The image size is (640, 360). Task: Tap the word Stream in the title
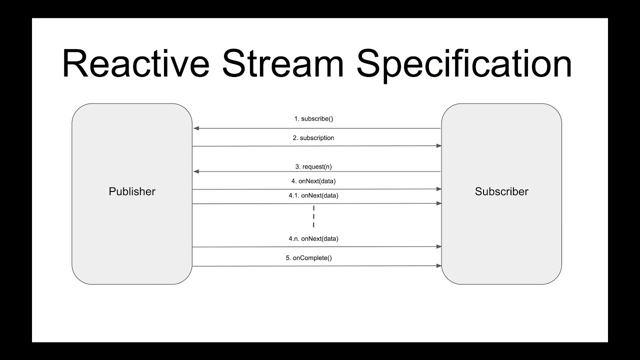tap(283, 64)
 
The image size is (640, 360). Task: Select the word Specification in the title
tap(464, 64)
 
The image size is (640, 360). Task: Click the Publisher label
tap(132, 191)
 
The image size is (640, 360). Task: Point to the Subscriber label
tap(501, 191)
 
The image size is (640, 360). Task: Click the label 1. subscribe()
tap(313, 119)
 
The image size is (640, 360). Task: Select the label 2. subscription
tap(313, 138)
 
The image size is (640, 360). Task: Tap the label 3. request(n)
tap(313, 166)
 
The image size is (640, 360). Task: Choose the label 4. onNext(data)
tap(313, 181)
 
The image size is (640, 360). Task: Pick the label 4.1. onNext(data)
tap(313, 195)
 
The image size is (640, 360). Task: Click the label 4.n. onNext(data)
tap(313, 239)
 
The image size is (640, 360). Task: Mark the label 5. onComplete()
tap(309, 258)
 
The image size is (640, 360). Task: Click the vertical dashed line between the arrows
tap(313, 216)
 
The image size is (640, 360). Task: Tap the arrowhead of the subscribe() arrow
tap(196, 128)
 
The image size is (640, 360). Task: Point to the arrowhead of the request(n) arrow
tap(196, 171)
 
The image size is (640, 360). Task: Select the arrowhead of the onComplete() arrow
tap(438, 266)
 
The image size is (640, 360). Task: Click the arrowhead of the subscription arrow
tap(438, 146)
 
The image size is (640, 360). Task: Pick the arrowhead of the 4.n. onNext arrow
tap(438, 246)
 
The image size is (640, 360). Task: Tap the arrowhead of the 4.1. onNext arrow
tap(438, 203)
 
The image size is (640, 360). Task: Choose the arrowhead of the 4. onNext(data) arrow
tap(438, 189)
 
